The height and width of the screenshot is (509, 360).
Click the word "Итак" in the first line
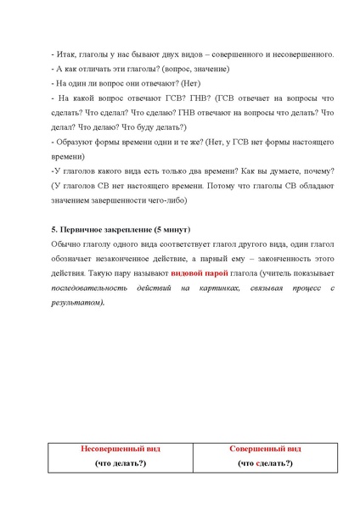[x=64, y=54]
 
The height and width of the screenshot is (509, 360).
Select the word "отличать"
[x=89, y=69]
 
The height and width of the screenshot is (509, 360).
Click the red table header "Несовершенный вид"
[x=120, y=448]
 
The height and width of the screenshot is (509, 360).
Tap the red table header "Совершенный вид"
[x=265, y=448]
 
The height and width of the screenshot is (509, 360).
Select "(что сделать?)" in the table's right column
[x=265, y=463]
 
